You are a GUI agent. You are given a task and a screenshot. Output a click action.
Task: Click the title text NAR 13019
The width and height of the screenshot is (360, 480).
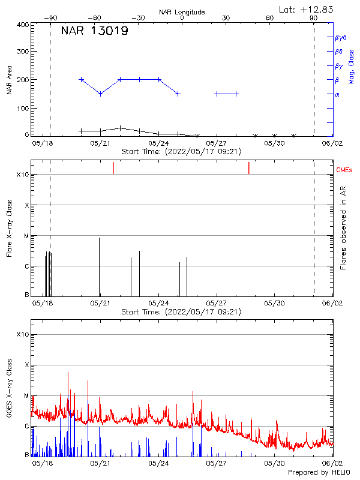94,31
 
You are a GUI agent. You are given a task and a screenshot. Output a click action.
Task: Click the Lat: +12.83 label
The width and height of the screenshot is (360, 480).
307,9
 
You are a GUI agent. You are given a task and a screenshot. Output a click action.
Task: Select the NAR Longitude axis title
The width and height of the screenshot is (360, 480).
182,12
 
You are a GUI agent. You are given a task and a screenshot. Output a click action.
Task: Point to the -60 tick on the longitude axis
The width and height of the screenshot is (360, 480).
94,18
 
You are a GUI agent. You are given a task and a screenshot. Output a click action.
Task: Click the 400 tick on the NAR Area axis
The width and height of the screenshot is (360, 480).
22,25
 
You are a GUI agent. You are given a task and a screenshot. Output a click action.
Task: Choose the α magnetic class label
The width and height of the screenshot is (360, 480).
337,94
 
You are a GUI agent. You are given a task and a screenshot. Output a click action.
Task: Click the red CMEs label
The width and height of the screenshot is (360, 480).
344,171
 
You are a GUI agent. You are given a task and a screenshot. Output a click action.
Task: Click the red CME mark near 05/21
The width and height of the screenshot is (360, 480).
113,169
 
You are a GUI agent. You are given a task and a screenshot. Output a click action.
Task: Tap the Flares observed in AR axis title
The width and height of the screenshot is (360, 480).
343,227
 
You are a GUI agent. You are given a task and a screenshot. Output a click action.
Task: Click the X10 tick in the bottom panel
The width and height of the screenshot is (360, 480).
22,334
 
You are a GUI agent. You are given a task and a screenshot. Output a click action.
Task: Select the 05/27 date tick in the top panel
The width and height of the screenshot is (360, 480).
216,143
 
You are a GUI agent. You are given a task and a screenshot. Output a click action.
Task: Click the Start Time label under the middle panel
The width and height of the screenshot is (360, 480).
182,312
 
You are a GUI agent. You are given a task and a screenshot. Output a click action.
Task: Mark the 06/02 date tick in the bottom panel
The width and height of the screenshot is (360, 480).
332,463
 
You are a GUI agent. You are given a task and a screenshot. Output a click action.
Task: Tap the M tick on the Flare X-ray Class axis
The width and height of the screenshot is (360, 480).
26,236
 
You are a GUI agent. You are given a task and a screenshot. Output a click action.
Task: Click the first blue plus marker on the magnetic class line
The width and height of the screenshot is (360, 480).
82,79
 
